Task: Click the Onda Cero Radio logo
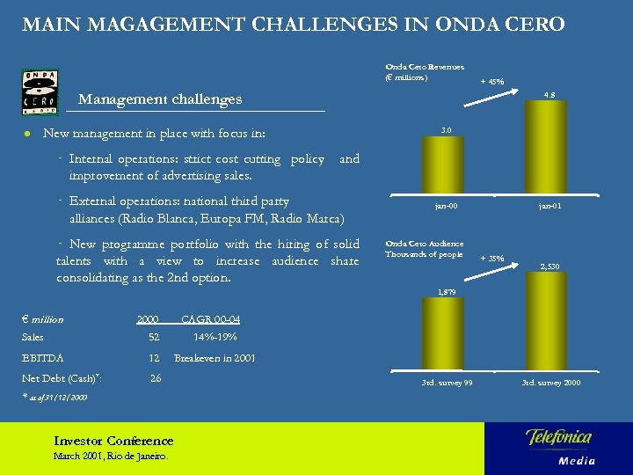pyautogui.click(x=40, y=91)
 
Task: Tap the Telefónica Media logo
pyautogui.click(x=560, y=446)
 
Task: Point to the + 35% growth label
pyautogui.click(x=492, y=259)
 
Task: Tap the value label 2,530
pyautogui.click(x=549, y=266)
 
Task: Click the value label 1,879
pyautogui.click(x=447, y=290)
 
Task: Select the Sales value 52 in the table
pyautogui.click(x=154, y=337)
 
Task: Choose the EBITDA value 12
pyautogui.click(x=154, y=358)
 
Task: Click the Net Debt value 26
pyautogui.click(x=156, y=378)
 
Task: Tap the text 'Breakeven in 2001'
pyautogui.click(x=215, y=358)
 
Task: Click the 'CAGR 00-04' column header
pyautogui.click(x=210, y=319)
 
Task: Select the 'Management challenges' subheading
pyautogui.click(x=160, y=99)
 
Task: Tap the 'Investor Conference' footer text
pyautogui.click(x=113, y=441)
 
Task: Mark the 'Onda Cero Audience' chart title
pyautogui.click(x=425, y=244)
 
